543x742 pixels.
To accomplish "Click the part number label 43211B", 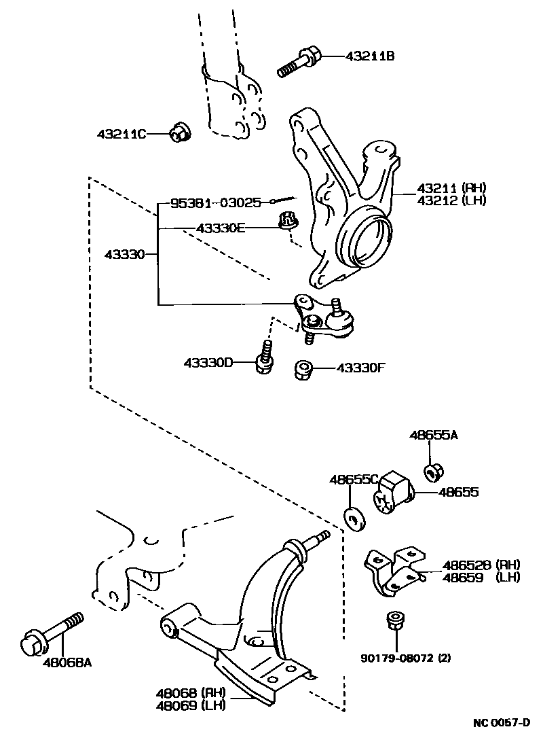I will [370, 57].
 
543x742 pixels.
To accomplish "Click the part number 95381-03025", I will [215, 203].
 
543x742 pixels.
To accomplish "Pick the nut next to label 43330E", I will [288, 221].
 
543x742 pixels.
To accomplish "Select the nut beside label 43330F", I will [303, 370].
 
